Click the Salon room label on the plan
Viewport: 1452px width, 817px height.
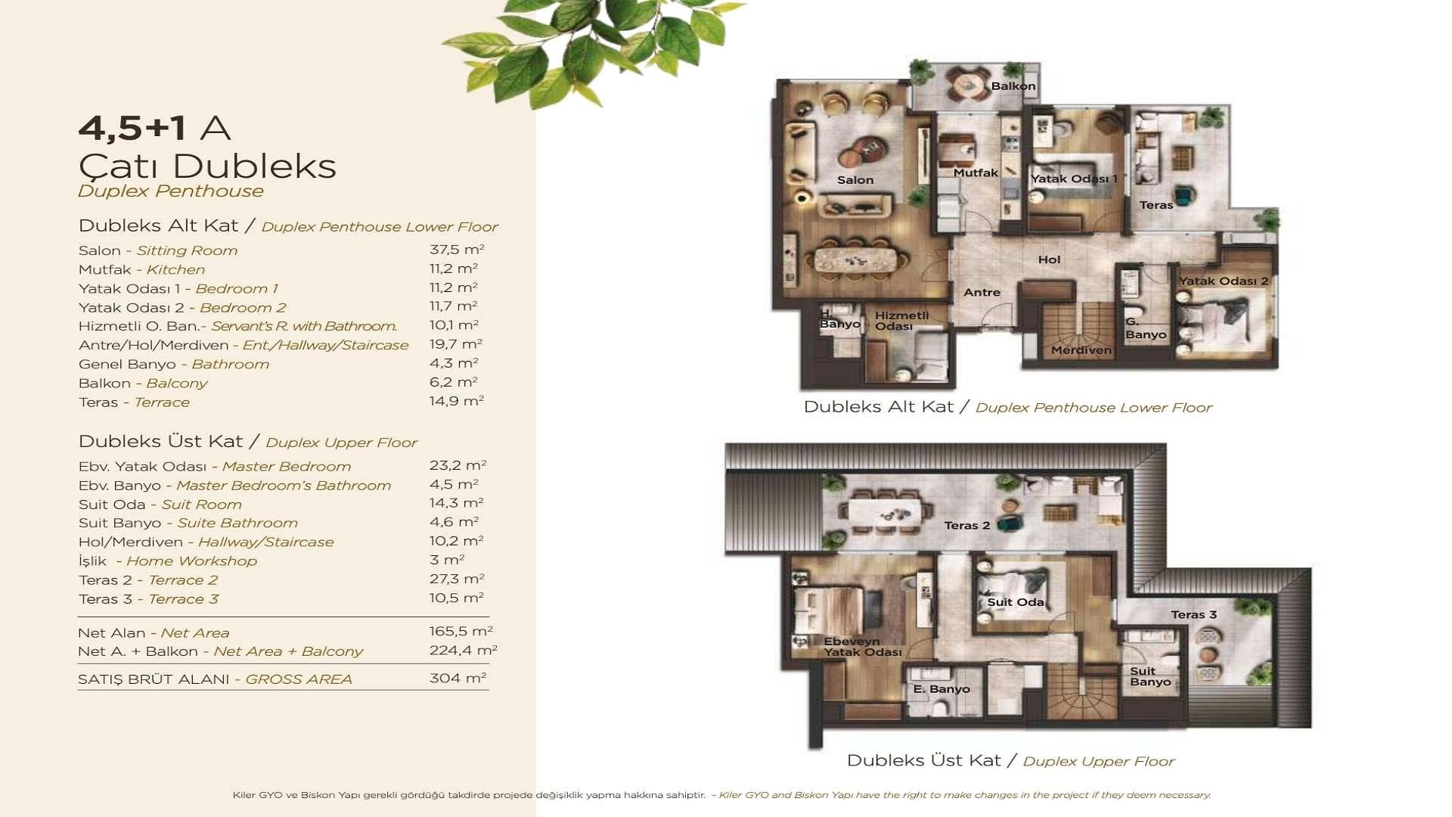click(855, 180)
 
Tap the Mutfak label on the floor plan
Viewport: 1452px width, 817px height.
click(976, 172)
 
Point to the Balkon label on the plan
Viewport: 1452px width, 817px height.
click(1013, 86)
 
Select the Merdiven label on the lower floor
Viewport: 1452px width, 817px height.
click(1081, 350)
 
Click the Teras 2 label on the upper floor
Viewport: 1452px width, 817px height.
click(967, 526)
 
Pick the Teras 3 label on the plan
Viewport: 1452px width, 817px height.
click(1194, 615)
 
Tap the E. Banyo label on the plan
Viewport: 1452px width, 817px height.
click(942, 689)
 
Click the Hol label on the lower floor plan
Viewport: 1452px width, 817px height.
click(1049, 259)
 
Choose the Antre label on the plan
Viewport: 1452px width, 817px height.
click(982, 292)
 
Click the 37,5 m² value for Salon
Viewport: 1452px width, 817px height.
click(457, 250)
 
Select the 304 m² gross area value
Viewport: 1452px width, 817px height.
click(458, 678)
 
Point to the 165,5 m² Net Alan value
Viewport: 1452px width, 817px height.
click(461, 631)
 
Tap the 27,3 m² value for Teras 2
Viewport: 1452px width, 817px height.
click(456, 579)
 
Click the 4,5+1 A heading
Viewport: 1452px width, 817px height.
click(154, 128)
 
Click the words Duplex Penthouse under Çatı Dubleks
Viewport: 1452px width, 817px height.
click(171, 191)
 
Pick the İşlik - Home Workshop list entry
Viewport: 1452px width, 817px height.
click(168, 561)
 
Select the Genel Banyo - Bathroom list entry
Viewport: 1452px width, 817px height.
click(174, 365)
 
